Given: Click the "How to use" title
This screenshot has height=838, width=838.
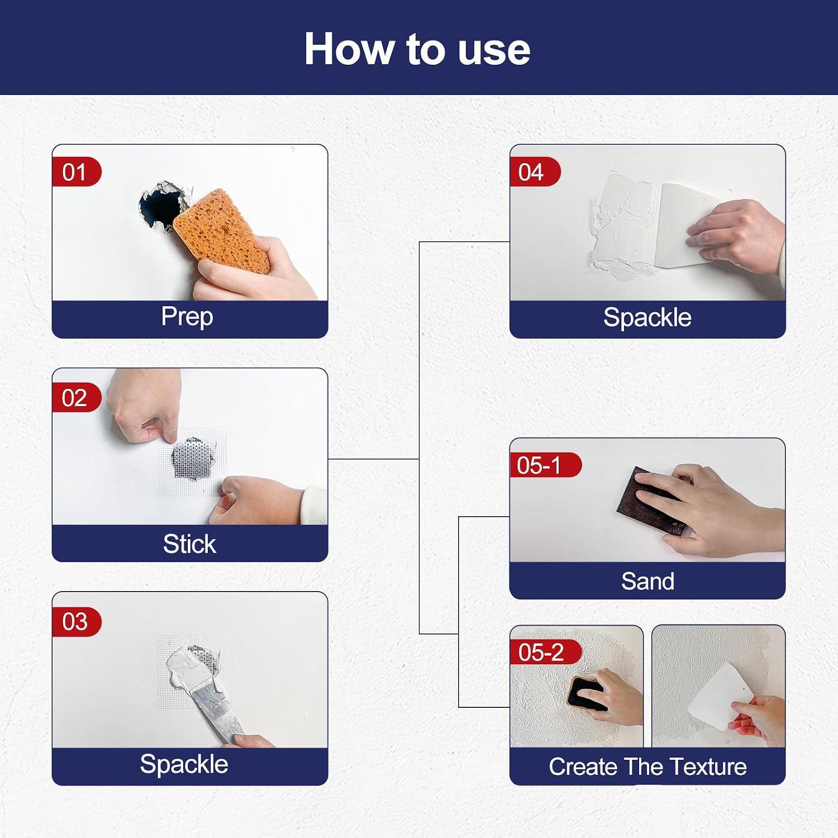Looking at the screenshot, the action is [417, 49].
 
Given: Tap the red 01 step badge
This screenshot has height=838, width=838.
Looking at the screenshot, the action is [77, 172].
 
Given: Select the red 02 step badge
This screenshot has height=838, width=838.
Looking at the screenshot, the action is [77, 398].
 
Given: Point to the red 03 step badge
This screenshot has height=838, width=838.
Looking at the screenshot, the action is [77, 621].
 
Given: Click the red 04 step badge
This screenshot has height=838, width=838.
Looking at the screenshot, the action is [535, 172].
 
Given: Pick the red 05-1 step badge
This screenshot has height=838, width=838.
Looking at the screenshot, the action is [545, 465].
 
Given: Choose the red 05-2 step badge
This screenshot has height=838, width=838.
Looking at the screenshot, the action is [545, 652].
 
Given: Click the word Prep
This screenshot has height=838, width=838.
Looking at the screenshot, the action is [187, 317].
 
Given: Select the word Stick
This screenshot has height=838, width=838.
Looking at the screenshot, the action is [189, 544].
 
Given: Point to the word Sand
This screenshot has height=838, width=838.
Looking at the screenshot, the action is [647, 581].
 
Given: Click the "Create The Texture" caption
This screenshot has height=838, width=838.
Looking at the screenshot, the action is [647, 766].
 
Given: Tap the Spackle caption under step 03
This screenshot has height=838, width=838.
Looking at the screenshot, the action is [184, 764].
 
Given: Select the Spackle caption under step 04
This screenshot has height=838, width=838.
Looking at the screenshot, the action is [647, 317].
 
